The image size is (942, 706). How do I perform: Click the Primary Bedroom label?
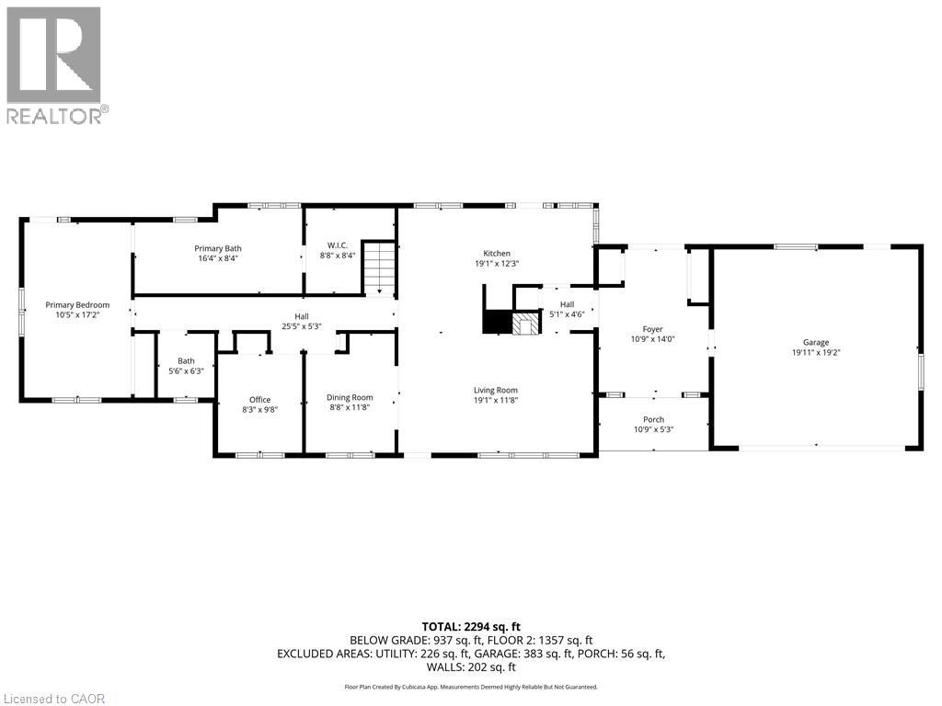click(78, 305)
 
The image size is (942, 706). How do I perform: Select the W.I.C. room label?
click(336, 245)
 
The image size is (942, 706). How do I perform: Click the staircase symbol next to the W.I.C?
click(378, 268)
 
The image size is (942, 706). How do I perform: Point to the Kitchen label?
click(497, 253)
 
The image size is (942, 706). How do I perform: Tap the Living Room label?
click(497, 390)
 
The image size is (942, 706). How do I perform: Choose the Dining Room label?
click(350, 397)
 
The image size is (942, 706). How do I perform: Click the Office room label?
click(259, 399)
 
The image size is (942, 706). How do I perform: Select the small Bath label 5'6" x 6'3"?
click(187, 360)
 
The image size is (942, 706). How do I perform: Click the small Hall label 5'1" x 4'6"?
click(567, 304)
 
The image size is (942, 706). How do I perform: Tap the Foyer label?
click(652, 329)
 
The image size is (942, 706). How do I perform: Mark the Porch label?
click(653, 419)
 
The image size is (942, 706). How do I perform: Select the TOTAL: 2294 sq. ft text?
click(470, 626)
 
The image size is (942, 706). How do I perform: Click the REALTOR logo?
click(54, 64)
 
